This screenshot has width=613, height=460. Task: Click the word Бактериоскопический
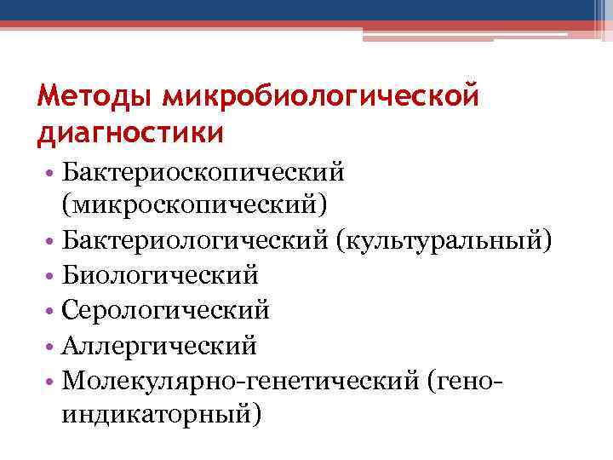point(203,173)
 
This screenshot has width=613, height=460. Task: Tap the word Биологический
point(159,276)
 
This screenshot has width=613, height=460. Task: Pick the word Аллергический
point(158,345)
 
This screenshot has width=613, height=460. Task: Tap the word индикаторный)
point(161,414)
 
